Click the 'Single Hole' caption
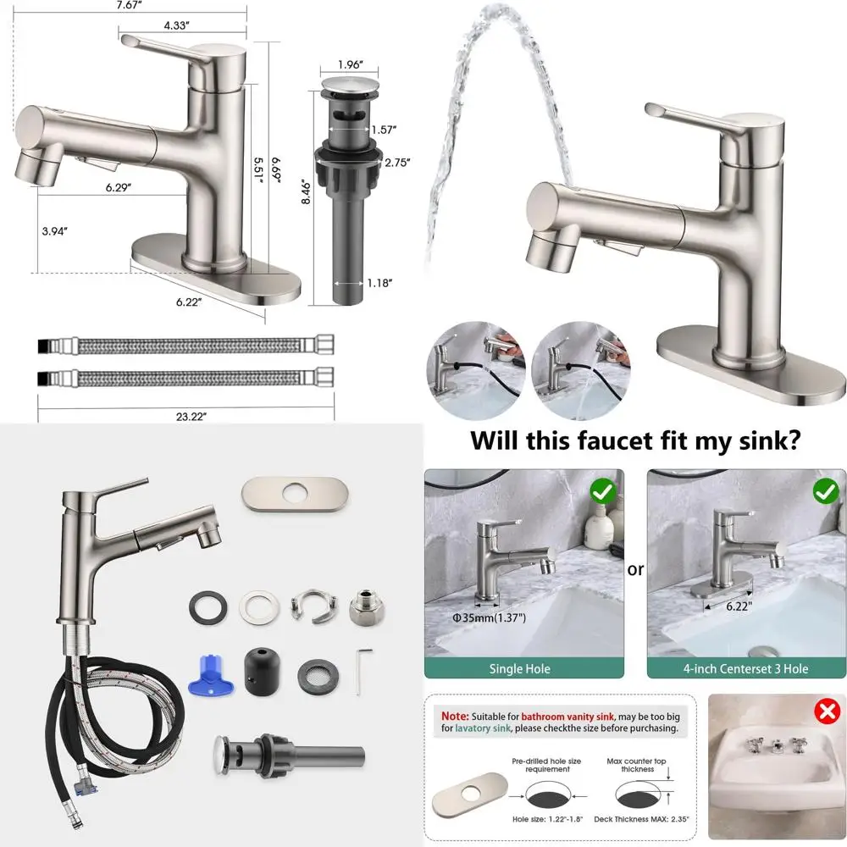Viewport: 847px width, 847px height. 519,669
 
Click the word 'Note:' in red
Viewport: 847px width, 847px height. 450,715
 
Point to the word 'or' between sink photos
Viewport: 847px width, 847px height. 635,569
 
